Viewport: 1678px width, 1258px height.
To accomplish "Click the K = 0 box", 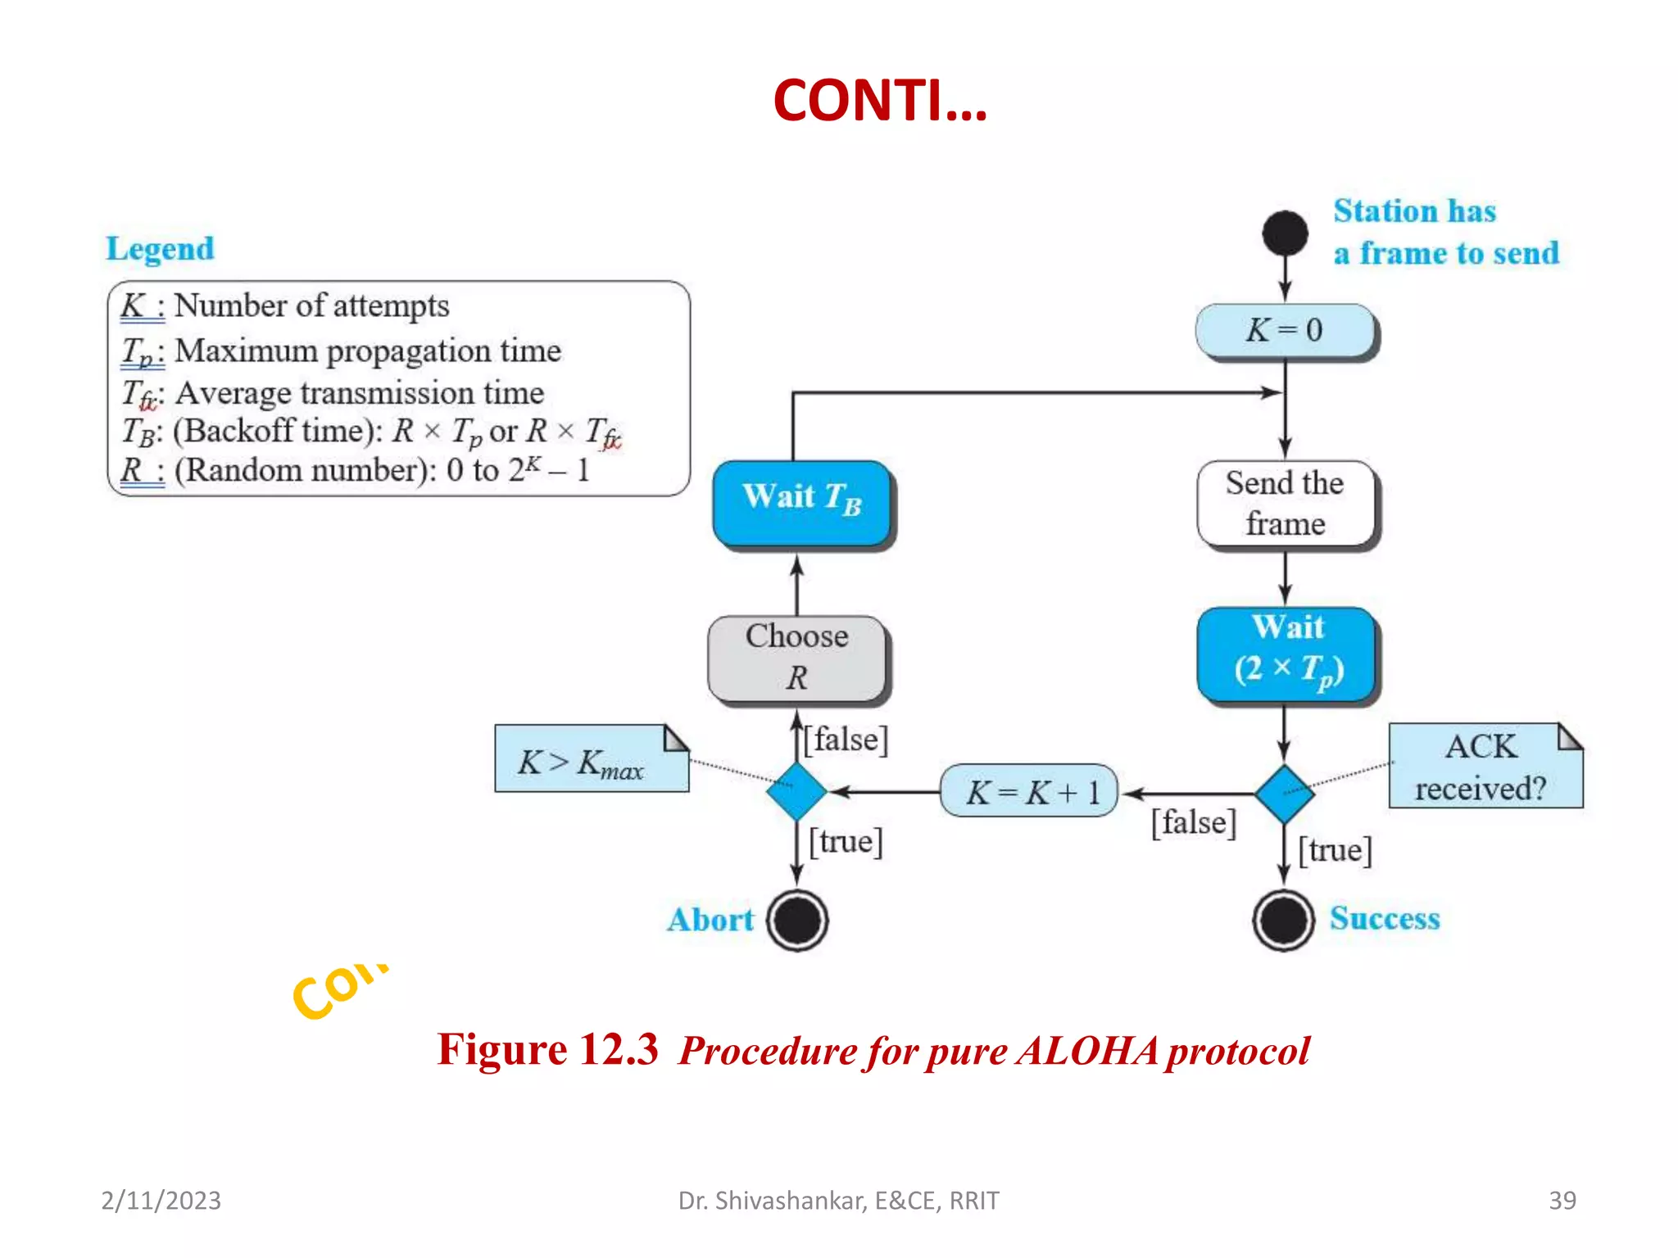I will click(1284, 331).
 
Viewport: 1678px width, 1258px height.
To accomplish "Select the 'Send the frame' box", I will click(1284, 503).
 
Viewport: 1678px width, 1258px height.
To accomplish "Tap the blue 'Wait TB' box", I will click(801, 502).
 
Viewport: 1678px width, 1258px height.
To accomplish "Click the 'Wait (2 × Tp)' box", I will click(1286, 654).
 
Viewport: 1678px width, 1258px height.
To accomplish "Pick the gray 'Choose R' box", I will click(797, 658).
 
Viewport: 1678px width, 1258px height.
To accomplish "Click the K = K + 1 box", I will click(1029, 791).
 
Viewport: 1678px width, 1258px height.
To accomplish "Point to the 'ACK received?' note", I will click(1484, 767).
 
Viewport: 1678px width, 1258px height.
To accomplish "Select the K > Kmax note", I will click(591, 759).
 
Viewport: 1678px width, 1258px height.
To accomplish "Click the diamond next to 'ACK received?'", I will click(1284, 793).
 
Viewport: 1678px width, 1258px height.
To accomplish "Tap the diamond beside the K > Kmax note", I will click(796, 791).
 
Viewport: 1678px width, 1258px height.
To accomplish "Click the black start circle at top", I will click(1285, 233).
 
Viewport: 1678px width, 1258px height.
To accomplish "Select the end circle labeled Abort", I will click(796, 920).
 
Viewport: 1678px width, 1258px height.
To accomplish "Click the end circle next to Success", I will click(1283, 920).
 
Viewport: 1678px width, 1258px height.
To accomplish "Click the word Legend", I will click(161, 248).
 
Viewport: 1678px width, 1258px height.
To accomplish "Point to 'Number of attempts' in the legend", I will click(311, 305).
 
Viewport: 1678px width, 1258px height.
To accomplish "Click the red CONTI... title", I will click(880, 101).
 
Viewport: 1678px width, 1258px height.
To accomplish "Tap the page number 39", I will click(1562, 1200).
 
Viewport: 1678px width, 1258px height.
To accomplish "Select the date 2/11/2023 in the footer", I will click(161, 1200).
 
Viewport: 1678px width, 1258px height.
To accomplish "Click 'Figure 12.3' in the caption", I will click(547, 1049).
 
